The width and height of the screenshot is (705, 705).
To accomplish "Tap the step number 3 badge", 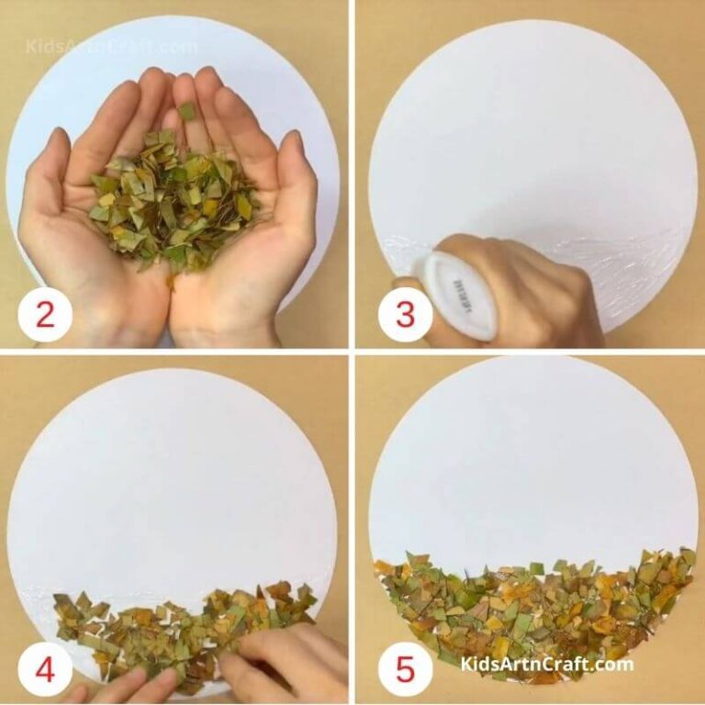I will coord(405,315).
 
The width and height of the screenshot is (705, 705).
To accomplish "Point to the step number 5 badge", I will coord(405,671).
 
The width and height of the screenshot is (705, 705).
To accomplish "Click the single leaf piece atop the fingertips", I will coord(185,111).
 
